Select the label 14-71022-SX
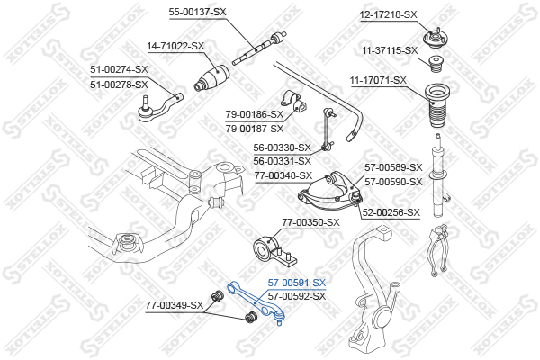pos(175,45)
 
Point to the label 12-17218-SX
pos(389,14)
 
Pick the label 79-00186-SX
pos(255,114)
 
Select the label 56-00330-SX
pos(282,148)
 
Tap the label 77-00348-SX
pos(283,175)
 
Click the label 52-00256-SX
pos(391,212)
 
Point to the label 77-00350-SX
pos(310,221)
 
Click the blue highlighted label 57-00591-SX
pos(297,283)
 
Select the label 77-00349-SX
pos(175,307)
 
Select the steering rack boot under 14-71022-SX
pos(213,77)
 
